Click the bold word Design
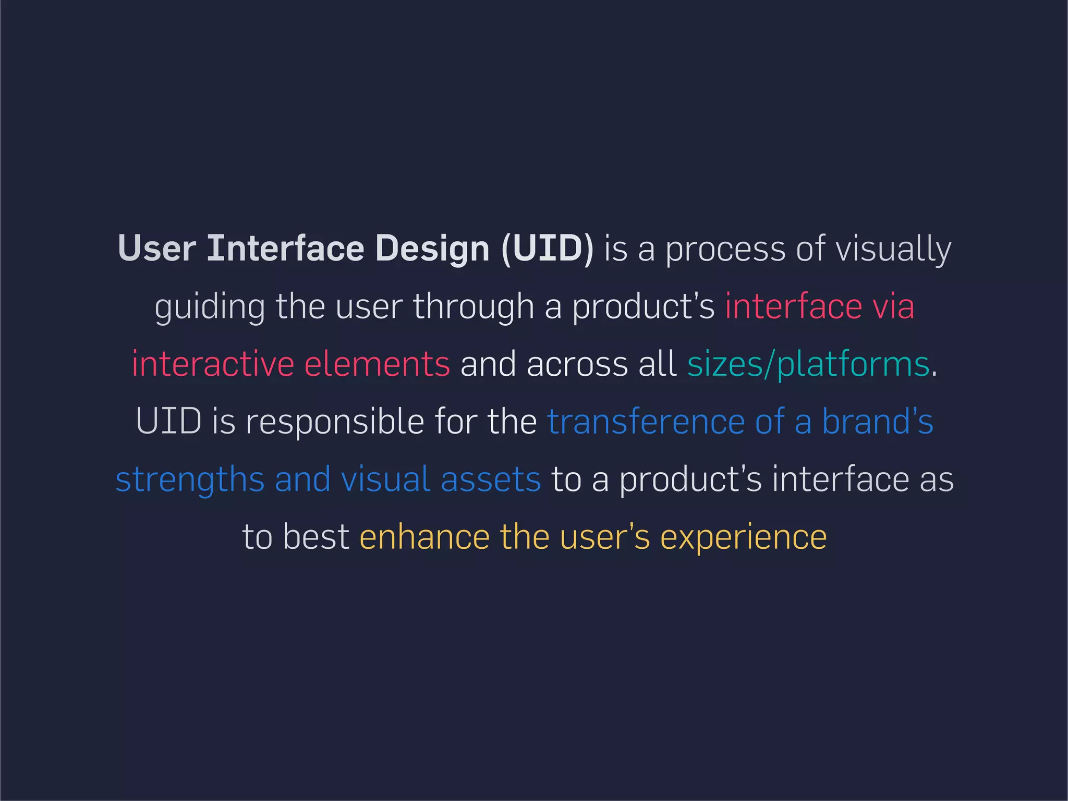coord(432,249)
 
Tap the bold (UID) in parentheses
coord(547,249)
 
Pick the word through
coord(474,307)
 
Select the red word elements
coord(377,364)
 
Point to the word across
coord(577,364)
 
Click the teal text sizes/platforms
coord(808,365)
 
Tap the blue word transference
coord(646,422)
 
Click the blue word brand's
coord(877,421)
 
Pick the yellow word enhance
coord(424,537)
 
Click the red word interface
coord(793,306)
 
